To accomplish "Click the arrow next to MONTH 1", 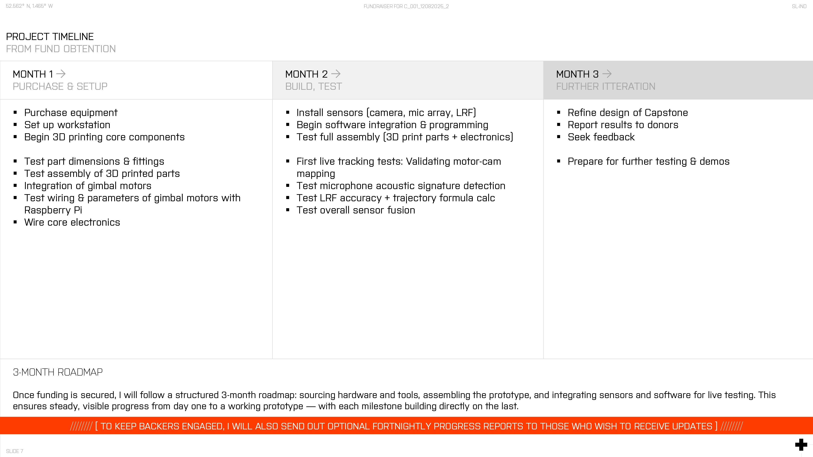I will (61, 74).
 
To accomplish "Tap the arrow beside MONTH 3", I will (607, 74).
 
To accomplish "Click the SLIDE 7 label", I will (14, 451).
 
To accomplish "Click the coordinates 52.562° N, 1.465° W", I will (29, 6).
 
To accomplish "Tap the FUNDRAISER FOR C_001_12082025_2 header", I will (406, 6).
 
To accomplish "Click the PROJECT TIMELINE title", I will (50, 37).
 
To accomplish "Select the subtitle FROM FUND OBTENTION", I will (61, 49).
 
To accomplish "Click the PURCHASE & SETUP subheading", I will (60, 86).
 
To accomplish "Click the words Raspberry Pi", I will (53, 210).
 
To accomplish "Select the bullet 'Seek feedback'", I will (601, 137).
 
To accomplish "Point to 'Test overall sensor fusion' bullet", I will (356, 210).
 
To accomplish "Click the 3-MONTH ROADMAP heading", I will (58, 372).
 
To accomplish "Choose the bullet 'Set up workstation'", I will (67, 125).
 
